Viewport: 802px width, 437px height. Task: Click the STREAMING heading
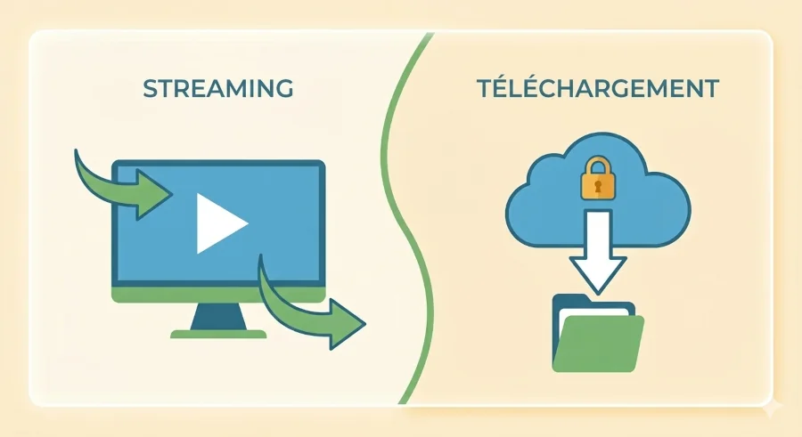tap(217, 89)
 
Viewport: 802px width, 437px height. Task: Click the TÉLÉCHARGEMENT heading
tap(597, 89)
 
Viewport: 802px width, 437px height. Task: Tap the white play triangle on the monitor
tap(219, 223)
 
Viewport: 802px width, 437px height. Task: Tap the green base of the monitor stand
tap(218, 334)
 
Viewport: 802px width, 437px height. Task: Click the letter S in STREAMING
tap(149, 89)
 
